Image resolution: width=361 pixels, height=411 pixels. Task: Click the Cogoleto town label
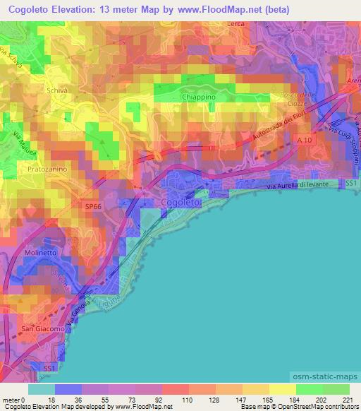click(x=182, y=203)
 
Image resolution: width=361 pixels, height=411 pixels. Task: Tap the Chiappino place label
click(x=198, y=98)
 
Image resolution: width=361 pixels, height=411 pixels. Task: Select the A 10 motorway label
click(x=303, y=141)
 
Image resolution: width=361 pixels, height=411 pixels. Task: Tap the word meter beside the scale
click(x=11, y=400)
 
